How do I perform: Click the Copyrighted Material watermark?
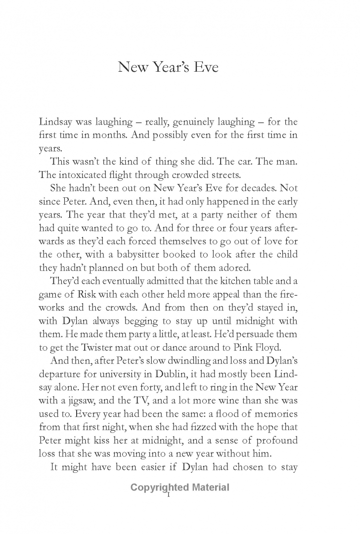[x=180, y=488]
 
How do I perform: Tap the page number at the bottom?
[x=169, y=495]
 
